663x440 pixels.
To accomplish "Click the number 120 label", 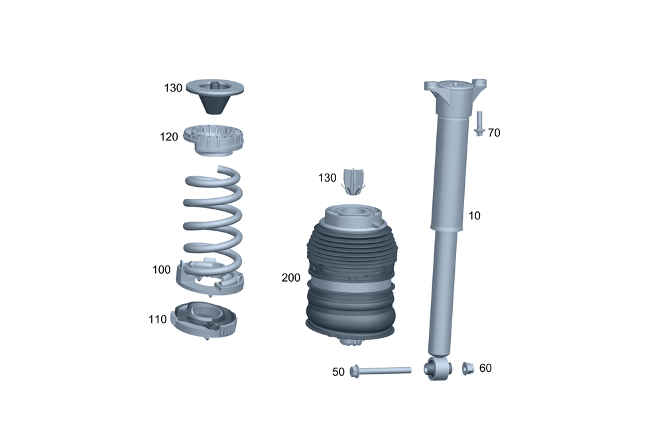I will (x=168, y=137).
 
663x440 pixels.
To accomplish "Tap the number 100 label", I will (x=161, y=270).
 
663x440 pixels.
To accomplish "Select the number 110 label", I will (x=158, y=319).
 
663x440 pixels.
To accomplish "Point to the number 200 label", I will (x=290, y=278).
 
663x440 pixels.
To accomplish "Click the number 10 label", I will (x=474, y=216).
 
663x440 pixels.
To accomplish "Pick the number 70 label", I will (x=494, y=133).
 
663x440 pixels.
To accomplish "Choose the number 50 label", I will (x=339, y=372).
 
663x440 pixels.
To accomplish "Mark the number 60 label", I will (x=485, y=368).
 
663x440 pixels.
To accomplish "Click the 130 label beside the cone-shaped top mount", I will (x=173, y=87).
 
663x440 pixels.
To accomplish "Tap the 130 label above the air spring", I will (x=328, y=178).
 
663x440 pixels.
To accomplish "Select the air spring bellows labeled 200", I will (x=351, y=278).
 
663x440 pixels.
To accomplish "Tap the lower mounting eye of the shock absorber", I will (x=439, y=368).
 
